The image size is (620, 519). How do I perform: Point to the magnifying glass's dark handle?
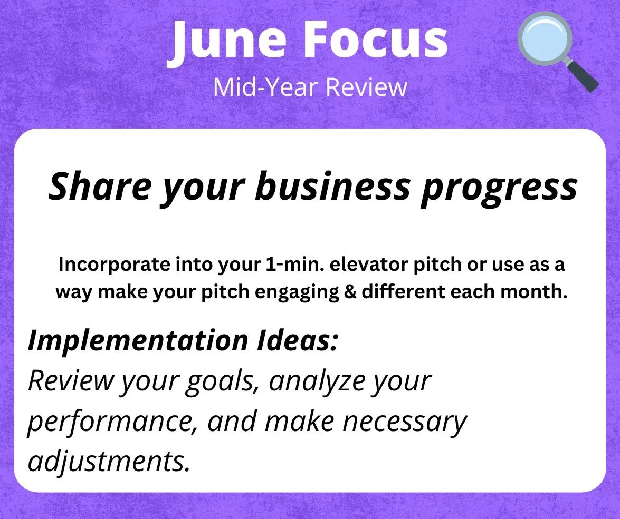tap(583, 76)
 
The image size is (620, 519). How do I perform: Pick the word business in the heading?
tap(333, 186)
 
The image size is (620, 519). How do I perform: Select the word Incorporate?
tap(115, 265)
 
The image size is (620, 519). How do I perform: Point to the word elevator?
tap(368, 264)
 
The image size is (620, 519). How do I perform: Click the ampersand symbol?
tap(350, 292)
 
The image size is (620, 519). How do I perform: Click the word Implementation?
tap(138, 340)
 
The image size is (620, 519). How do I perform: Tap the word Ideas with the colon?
tap(298, 340)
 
